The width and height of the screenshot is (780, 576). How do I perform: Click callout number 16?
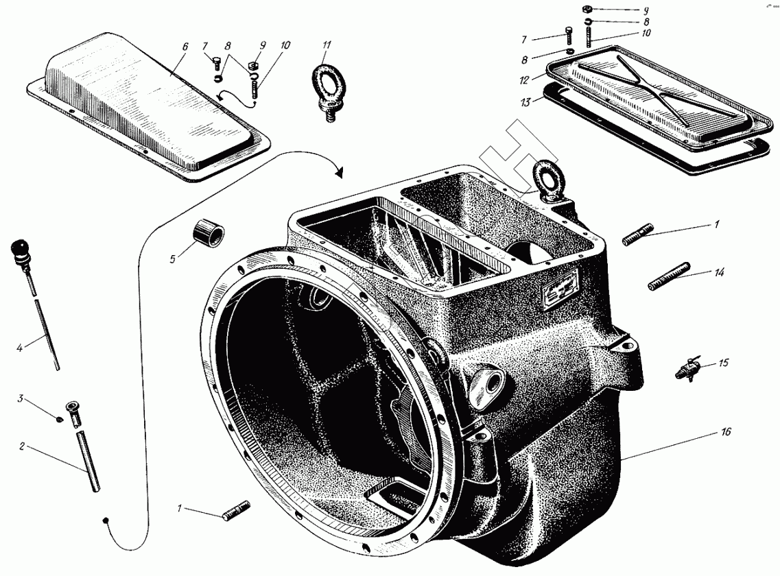[726, 432]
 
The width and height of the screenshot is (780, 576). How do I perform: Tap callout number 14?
[719, 272]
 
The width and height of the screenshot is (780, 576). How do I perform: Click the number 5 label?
[174, 259]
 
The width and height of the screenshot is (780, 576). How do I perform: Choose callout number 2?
[22, 446]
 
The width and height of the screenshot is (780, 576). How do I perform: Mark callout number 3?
[21, 398]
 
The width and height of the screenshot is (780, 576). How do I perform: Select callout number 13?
[526, 102]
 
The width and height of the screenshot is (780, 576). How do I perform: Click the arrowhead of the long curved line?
[339, 173]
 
